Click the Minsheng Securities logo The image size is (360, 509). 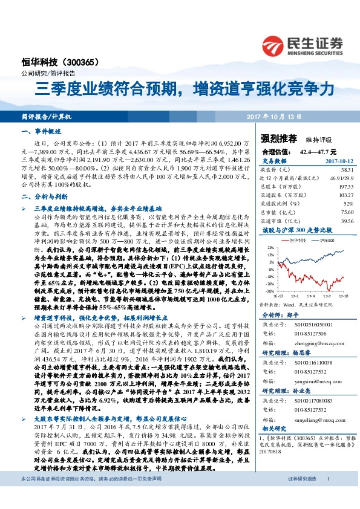click(x=302, y=44)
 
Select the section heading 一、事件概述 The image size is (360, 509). click(x=38, y=131)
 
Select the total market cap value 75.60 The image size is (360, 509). click(x=347, y=213)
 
